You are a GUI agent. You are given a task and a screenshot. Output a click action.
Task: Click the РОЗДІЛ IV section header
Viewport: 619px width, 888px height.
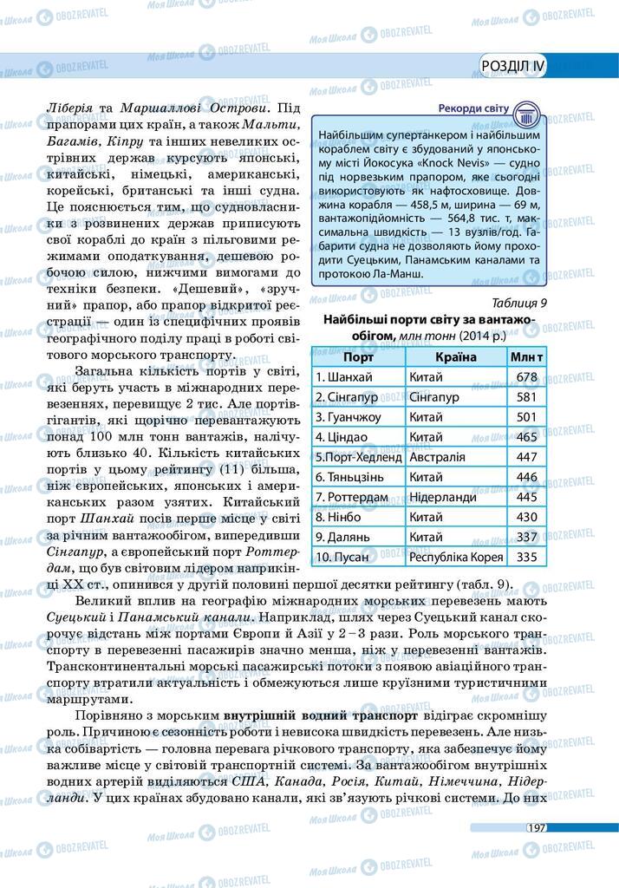coord(513,66)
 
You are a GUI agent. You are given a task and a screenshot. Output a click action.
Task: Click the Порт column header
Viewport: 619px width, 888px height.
coord(358,356)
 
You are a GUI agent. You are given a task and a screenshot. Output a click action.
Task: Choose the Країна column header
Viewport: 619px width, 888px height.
coord(456,356)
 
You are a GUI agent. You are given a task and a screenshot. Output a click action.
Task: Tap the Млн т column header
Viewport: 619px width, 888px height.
coord(527,356)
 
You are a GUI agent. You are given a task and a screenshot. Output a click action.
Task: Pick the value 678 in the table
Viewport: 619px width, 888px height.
coord(526,377)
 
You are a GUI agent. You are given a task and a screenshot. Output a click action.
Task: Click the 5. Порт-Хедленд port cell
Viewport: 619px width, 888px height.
coord(359,457)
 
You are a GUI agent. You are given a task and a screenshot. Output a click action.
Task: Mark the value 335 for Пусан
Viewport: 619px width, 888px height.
coord(526,557)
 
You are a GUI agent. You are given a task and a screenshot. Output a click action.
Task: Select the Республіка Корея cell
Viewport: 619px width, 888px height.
coord(455,557)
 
